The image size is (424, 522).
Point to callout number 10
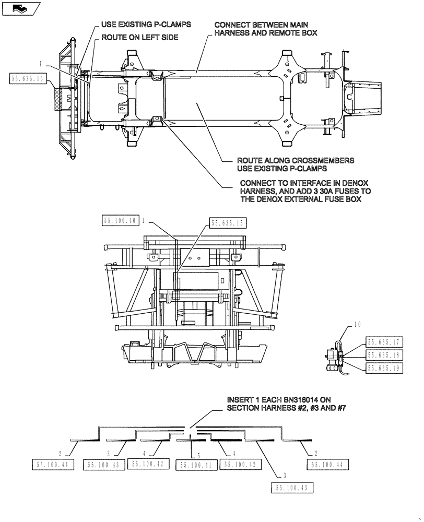pyautogui.click(x=356, y=325)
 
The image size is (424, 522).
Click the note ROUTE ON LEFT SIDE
pyautogui.click(x=139, y=38)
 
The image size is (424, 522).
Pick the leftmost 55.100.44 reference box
pyautogui.click(x=54, y=464)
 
